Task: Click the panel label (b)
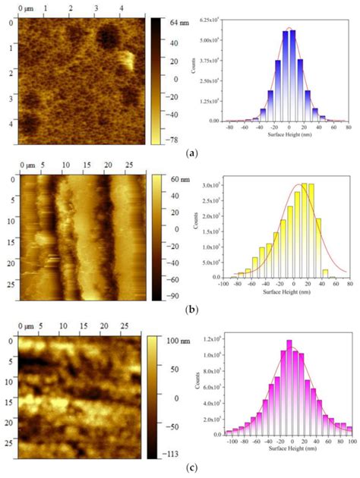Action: click(x=180, y=311)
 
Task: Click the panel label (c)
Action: click(x=180, y=470)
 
